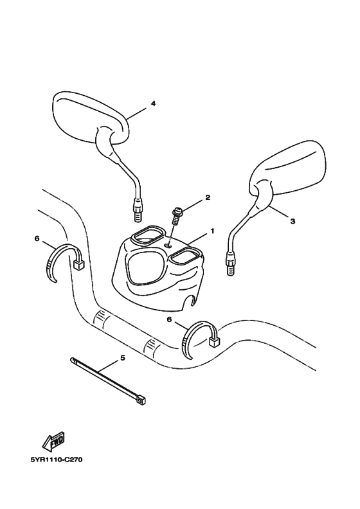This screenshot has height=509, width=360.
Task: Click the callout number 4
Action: click(x=153, y=103)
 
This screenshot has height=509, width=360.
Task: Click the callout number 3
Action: click(x=292, y=220)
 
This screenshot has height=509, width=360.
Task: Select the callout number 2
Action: click(x=208, y=198)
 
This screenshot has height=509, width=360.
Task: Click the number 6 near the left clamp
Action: click(x=37, y=238)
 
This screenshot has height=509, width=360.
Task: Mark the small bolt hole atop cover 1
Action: click(x=168, y=245)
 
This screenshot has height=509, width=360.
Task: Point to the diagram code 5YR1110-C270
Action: click(x=57, y=460)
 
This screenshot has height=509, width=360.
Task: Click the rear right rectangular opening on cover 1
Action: click(x=185, y=256)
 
